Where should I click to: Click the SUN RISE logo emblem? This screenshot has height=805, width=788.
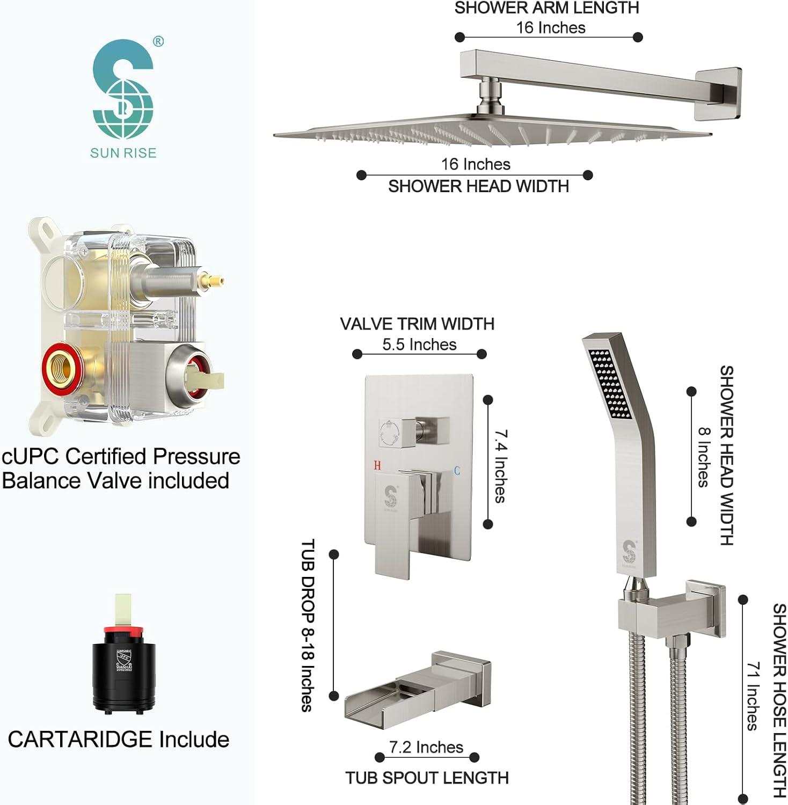click(x=123, y=89)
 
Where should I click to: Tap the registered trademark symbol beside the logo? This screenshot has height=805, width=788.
click(x=158, y=41)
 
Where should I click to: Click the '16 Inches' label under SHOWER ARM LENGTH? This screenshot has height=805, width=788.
click(x=551, y=27)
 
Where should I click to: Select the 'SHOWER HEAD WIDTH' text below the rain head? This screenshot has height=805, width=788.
click(x=478, y=186)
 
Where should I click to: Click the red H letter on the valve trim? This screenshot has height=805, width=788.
click(x=377, y=465)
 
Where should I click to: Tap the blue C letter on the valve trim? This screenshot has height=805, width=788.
click(x=457, y=471)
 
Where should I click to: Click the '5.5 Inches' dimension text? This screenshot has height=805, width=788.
click(x=419, y=345)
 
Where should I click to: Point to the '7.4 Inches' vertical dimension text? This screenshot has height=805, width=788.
click(x=500, y=465)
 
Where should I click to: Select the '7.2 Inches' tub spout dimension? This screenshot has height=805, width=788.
click(x=426, y=747)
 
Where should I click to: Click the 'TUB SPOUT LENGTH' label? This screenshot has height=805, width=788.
click(x=427, y=778)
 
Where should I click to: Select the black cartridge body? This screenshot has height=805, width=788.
click(x=124, y=671)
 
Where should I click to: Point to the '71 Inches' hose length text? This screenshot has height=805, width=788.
click(x=753, y=696)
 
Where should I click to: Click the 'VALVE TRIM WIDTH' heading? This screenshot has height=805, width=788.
click(x=417, y=324)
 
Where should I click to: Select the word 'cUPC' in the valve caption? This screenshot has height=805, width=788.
click(x=31, y=456)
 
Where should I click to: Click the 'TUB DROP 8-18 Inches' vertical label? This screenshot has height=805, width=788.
click(x=307, y=625)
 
